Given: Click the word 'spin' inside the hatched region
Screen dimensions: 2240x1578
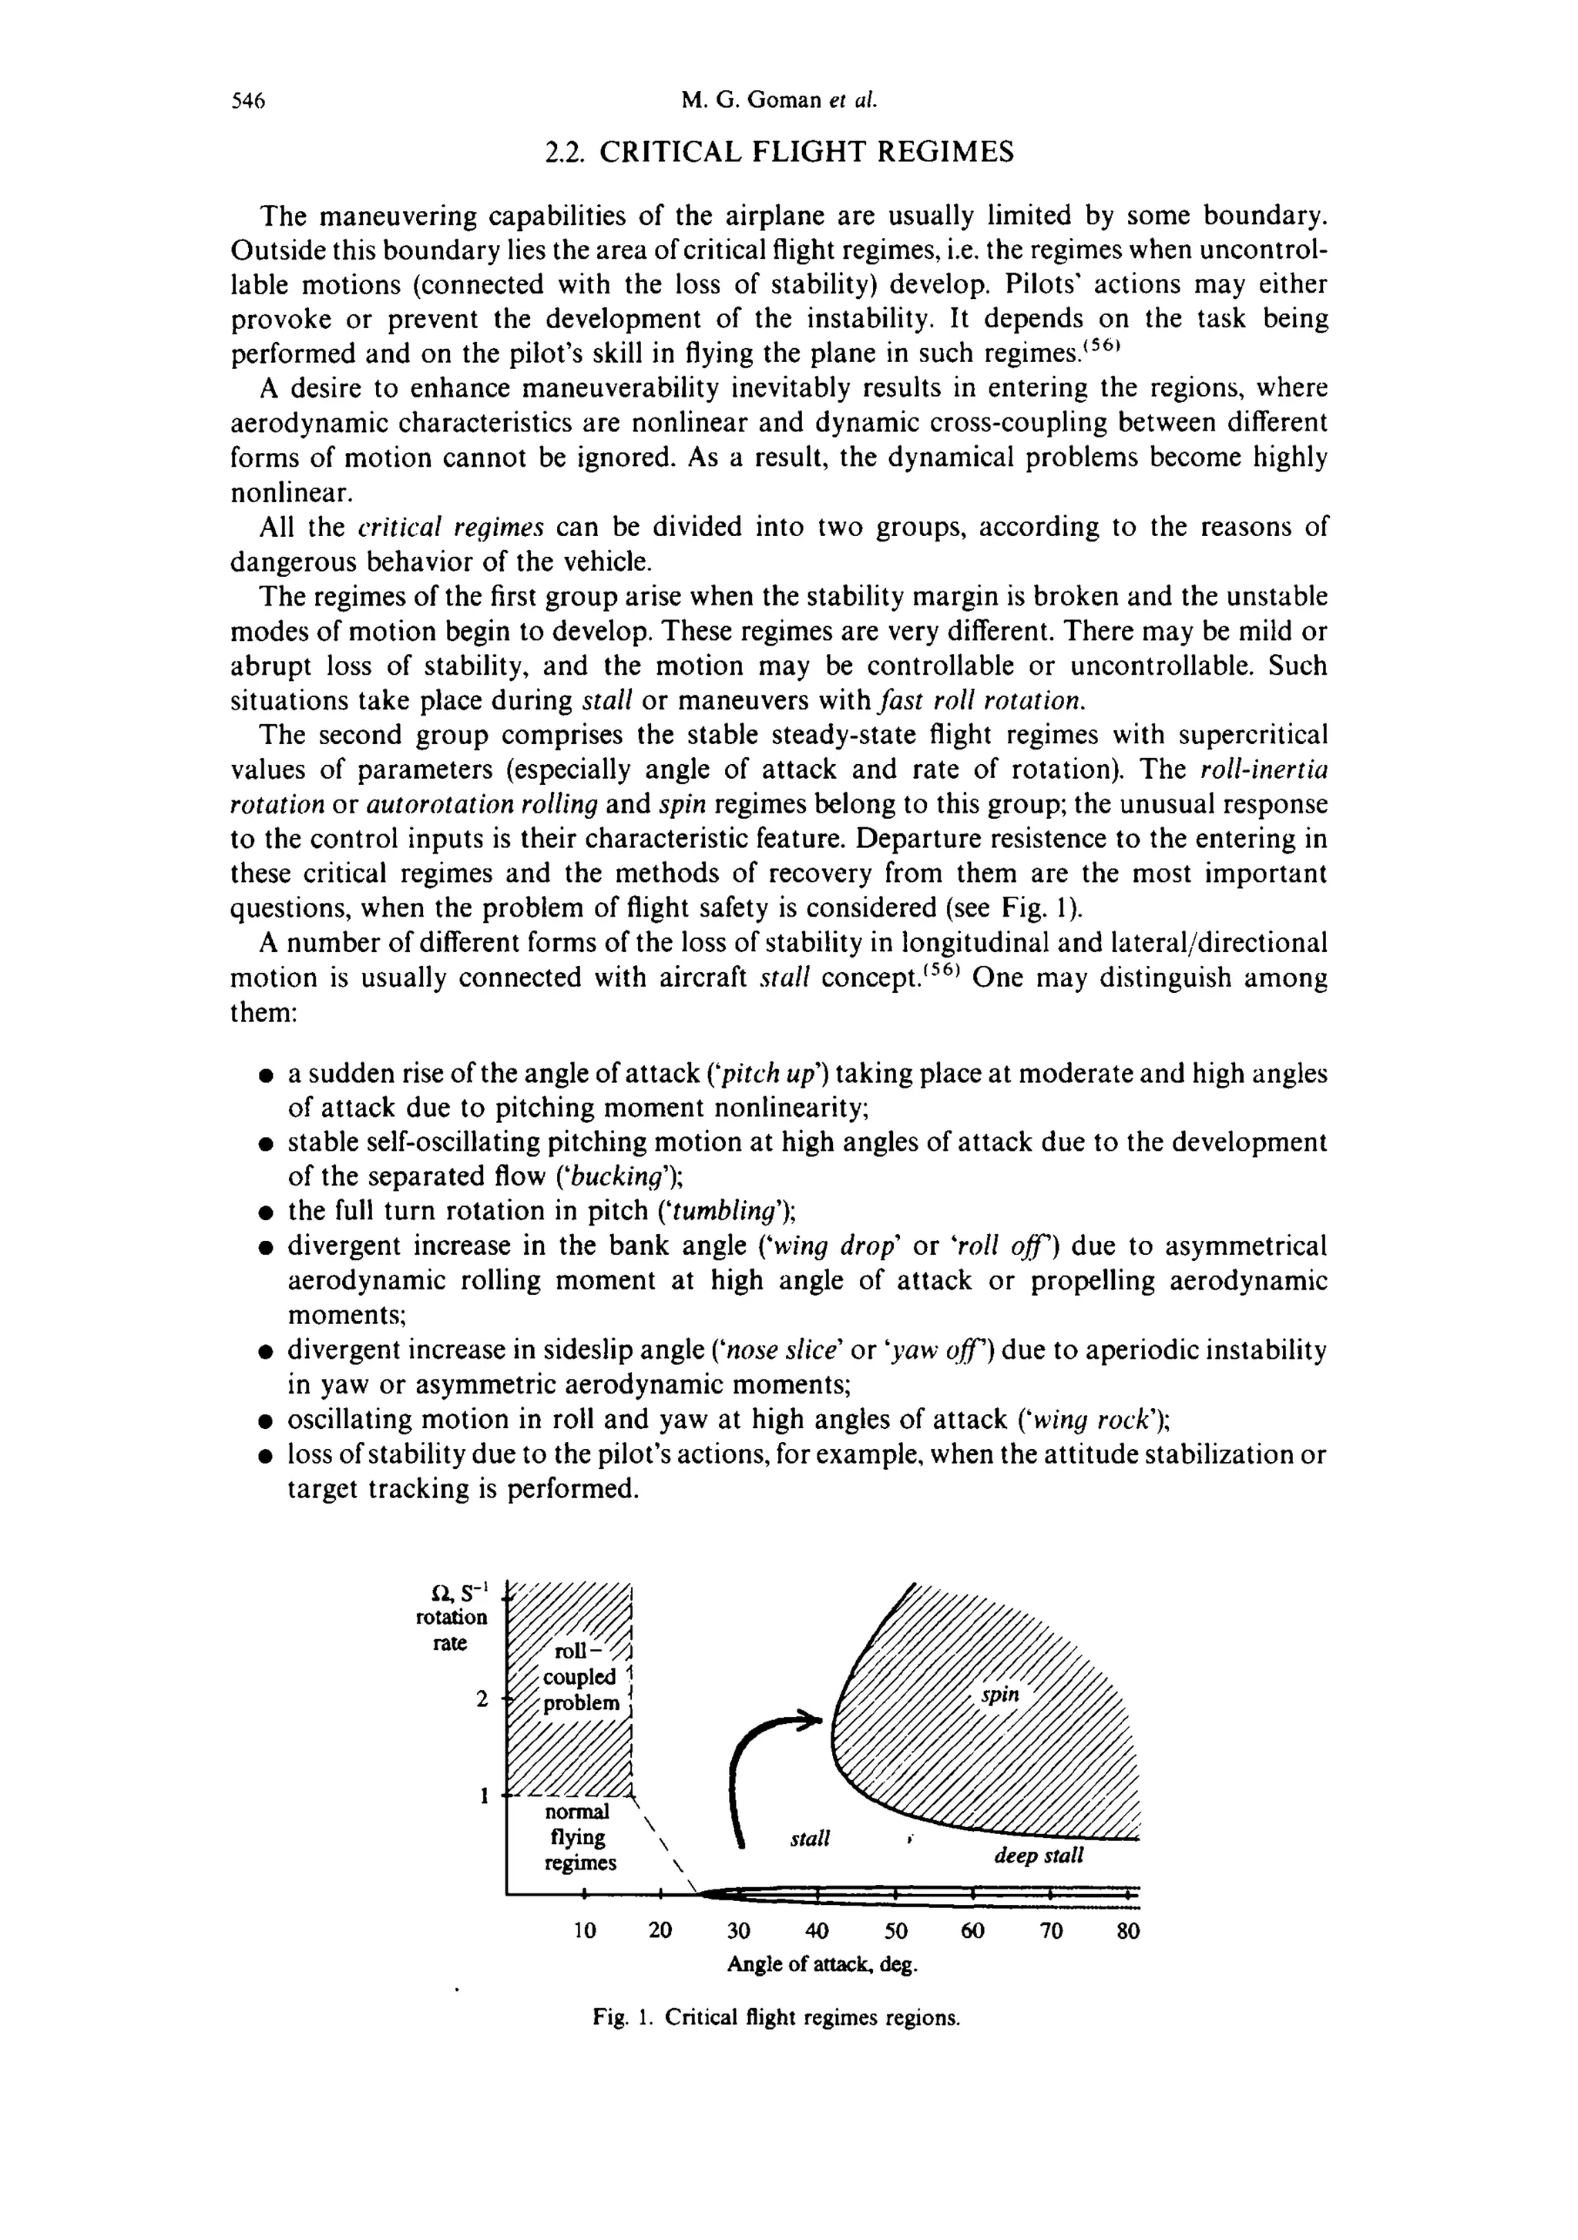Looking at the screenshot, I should pos(1000,1695).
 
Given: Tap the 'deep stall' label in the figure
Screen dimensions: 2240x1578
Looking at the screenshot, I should pos(1039,1856).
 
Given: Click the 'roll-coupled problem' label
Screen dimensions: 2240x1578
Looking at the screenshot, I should pos(582,1676).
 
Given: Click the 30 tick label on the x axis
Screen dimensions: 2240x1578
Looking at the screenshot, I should pos(739,1931).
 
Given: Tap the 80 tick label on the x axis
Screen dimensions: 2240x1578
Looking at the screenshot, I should pos(1128,1931).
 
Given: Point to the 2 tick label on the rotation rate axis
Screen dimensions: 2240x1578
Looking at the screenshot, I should pos(481,1698).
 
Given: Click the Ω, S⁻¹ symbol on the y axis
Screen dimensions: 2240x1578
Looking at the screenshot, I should pos(452,1595).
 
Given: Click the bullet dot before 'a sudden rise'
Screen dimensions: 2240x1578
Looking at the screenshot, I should pos(264,1075).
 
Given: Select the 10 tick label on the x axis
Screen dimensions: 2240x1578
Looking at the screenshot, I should pos(583,1931).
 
